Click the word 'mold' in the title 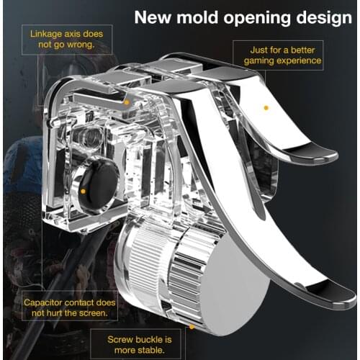pyautogui.click(x=197, y=17)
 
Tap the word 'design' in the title pyautogui.click(x=324, y=19)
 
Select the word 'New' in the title pyautogui.click(x=153, y=17)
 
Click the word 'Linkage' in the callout pyautogui.click(x=46, y=34)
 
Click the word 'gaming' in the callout pyautogui.click(x=258, y=60)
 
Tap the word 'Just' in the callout pyautogui.click(x=258, y=50)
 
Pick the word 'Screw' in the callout pyautogui.click(x=117, y=340)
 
